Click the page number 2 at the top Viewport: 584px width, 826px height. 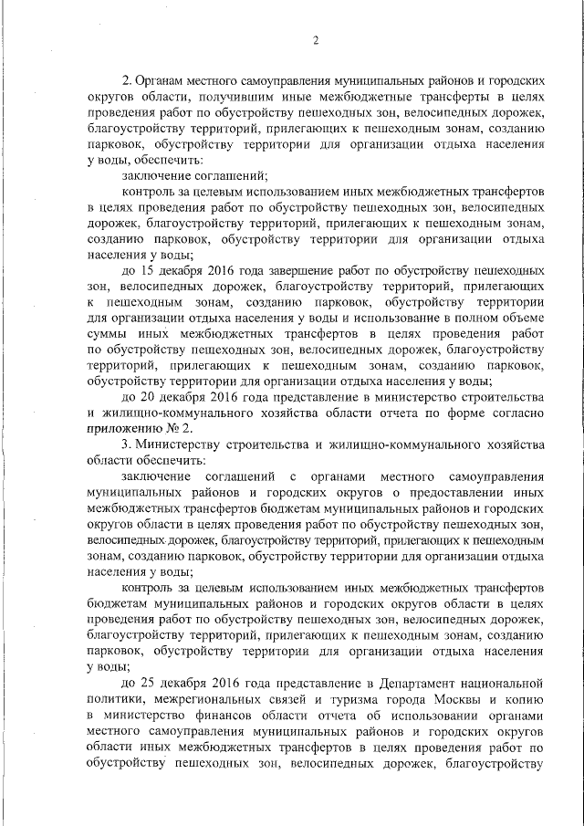click(x=315, y=39)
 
